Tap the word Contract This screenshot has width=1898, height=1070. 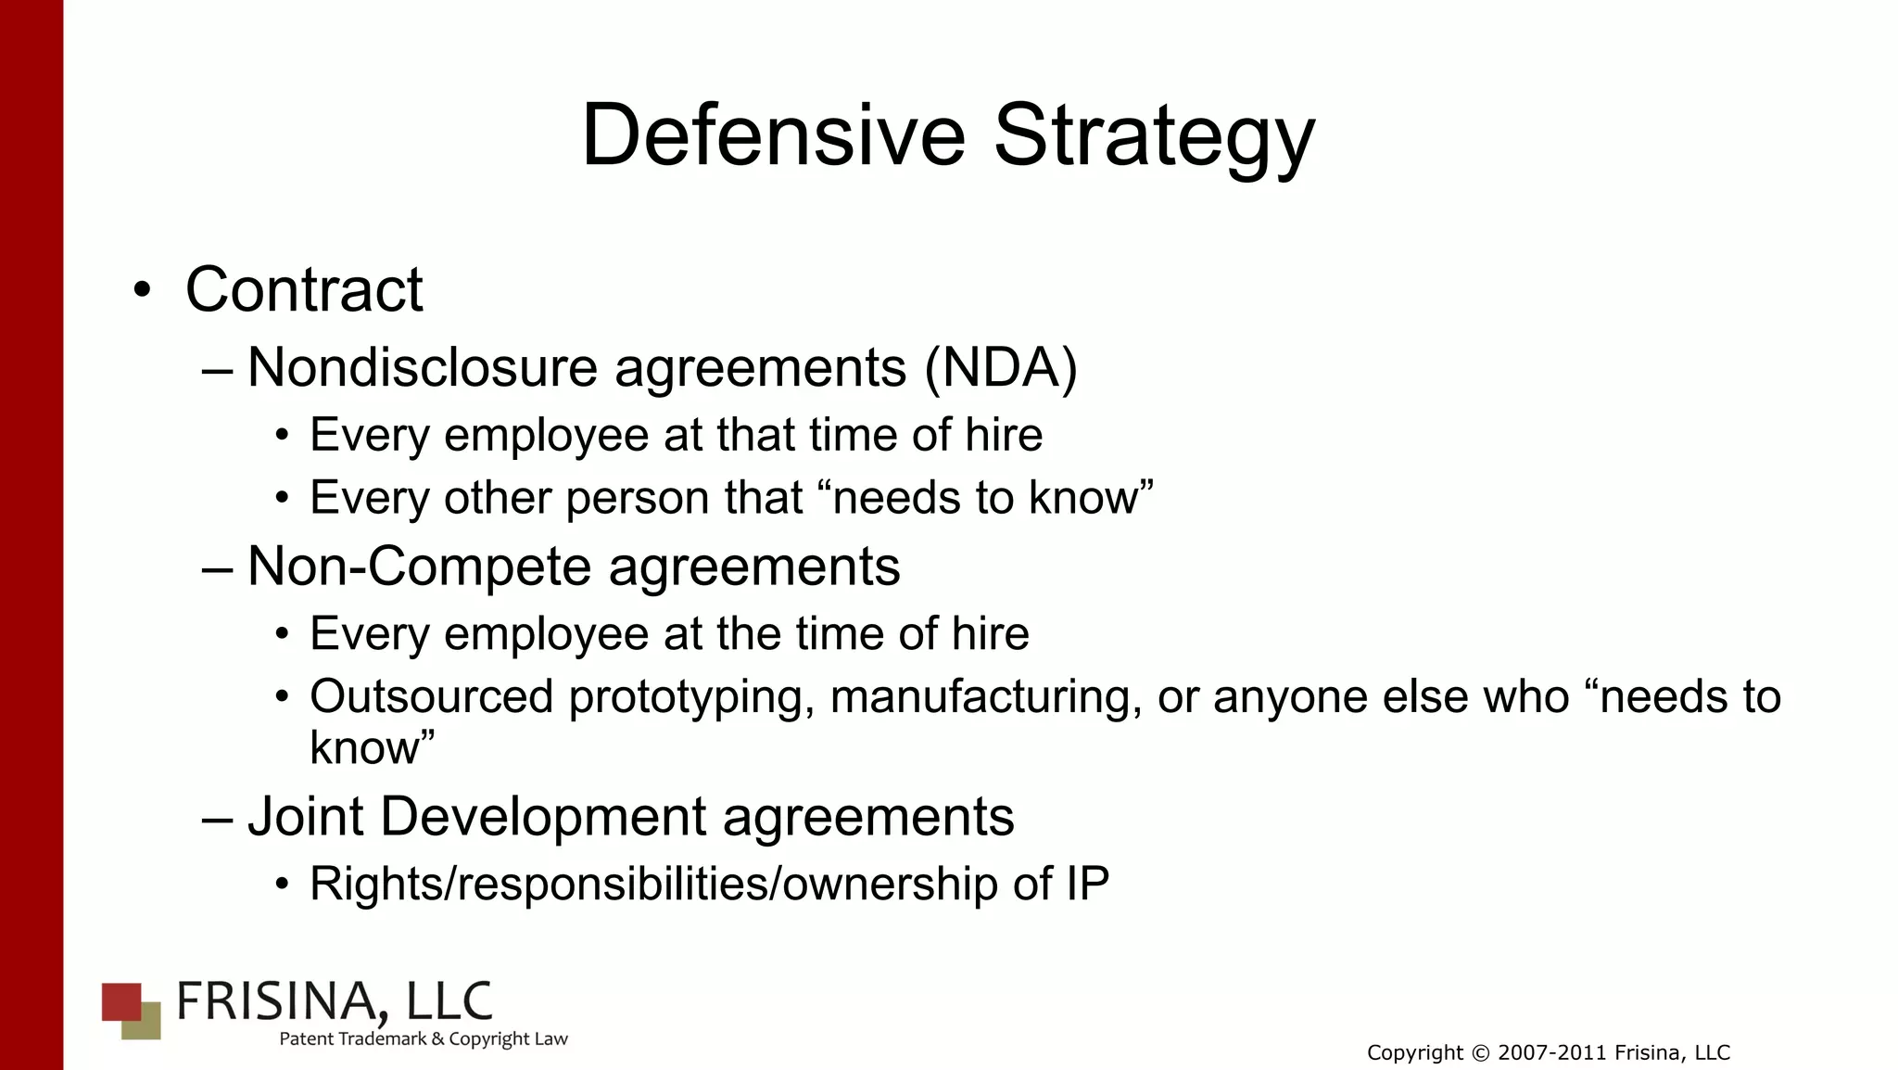pyautogui.click(x=304, y=290)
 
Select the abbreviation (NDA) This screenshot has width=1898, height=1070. pyautogui.click(x=1001, y=368)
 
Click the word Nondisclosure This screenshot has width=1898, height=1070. pyautogui.click(x=422, y=368)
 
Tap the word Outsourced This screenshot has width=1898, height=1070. pyautogui.click(x=431, y=696)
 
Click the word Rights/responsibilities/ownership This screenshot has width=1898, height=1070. pyautogui.click(x=652, y=884)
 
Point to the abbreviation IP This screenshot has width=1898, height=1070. pyautogui.click(x=1087, y=884)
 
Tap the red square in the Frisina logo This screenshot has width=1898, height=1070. pyautogui.click(x=120, y=1001)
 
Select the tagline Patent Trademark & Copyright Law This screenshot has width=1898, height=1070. pyautogui.click(x=424, y=1039)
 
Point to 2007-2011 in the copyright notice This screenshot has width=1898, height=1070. pyautogui.click(x=1552, y=1053)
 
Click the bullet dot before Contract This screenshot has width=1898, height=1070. pyautogui.click(x=141, y=290)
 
